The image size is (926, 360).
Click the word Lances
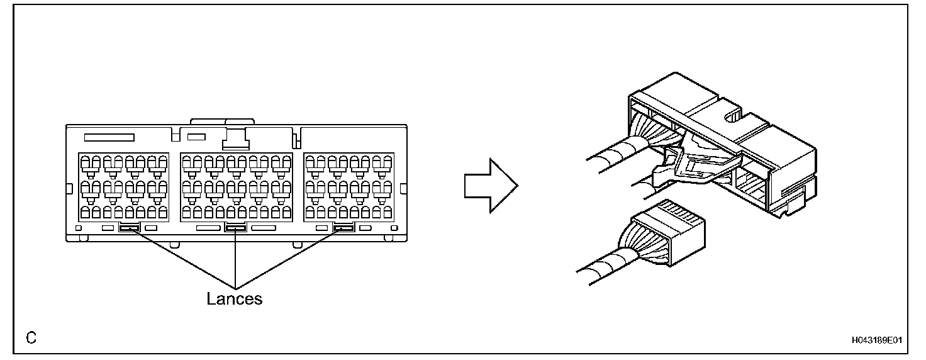(x=234, y=298)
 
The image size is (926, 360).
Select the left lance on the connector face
(x=129, y=228)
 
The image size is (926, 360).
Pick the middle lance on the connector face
(x=235, y=228)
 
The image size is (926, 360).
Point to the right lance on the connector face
(x=343, y=228)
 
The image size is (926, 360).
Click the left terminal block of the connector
(x=123, y=186)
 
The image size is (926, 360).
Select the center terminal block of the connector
(x=236, y=186)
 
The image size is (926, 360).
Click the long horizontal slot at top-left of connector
(x=109, y=137)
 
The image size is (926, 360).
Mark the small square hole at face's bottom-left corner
(x=79, y=227)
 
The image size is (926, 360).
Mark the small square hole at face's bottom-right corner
(x=393, y=227)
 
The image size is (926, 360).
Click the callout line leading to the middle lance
(x=235, y=258)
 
